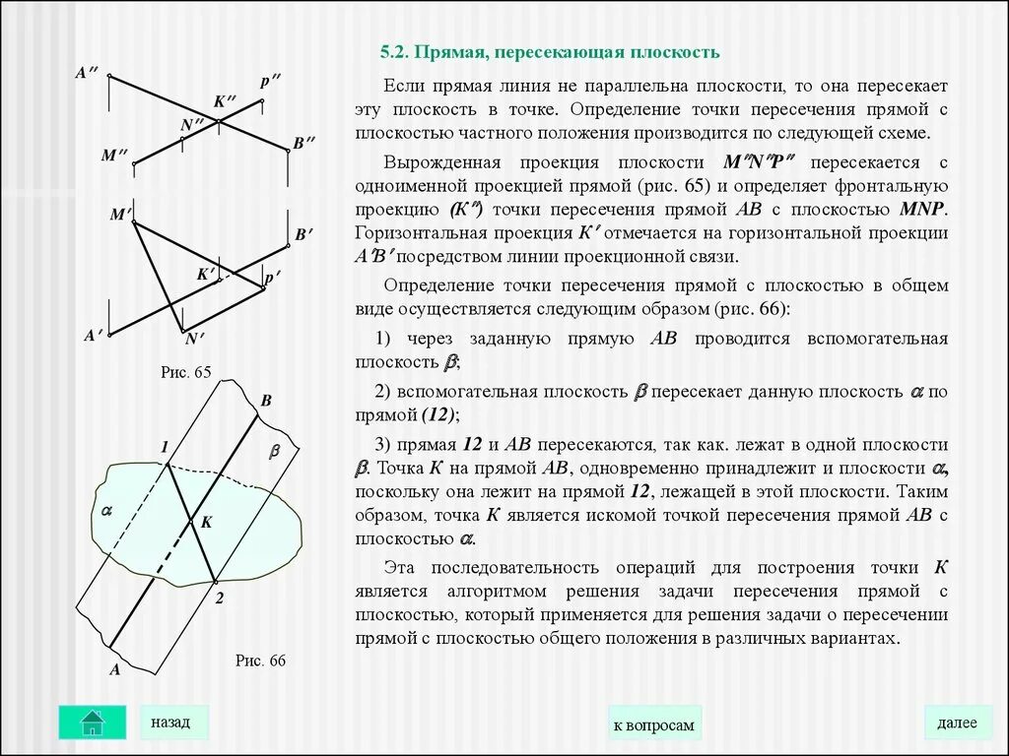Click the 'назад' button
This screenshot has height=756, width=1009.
click(x=170, y=722)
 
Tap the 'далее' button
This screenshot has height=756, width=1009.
click(x=957, y=723)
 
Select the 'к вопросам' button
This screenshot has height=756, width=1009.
click(x=653, y=725)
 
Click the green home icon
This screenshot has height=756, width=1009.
click(x=93, y=722)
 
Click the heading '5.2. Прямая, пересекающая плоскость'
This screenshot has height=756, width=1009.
click(x=551, y=51)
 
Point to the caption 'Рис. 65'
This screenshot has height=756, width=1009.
click(x=186, y=372)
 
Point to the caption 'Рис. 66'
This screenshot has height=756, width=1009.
click(x=260, y=661)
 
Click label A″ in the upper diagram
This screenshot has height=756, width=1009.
click(x=86, y=73)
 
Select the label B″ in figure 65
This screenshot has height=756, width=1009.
click(x=303, y=143)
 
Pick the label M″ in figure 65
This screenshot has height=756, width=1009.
click(x=115, y=156)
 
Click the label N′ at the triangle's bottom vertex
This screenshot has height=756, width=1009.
click(x=193, y=340)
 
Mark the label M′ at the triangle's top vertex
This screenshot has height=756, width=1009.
click(x=121, y=214)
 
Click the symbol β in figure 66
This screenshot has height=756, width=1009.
click(x=275, y=451)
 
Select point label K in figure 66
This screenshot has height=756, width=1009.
click(x=206, y=523)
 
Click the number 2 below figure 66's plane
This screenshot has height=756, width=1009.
click(x=219, y=598)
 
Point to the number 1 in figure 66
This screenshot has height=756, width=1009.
click(x=165, y=448)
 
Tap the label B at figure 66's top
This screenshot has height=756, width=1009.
click(x=265, y=401)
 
